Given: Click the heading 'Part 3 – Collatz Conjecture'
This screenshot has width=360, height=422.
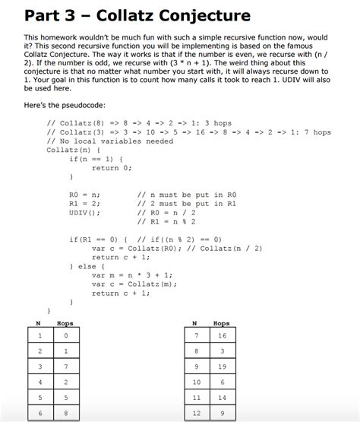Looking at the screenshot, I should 137,16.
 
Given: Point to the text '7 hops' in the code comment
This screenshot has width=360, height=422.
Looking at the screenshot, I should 317,132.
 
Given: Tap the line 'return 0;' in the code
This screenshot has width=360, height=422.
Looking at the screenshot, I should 112,168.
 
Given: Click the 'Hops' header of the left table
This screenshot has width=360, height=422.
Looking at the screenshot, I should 66,323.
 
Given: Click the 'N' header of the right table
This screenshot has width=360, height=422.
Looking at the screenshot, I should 195,323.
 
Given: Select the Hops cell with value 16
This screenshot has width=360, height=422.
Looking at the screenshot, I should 222,335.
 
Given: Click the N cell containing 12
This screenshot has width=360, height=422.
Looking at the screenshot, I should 196,414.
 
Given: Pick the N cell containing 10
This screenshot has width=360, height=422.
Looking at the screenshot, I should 196,382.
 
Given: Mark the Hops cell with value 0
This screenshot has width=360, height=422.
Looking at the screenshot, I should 66,335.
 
